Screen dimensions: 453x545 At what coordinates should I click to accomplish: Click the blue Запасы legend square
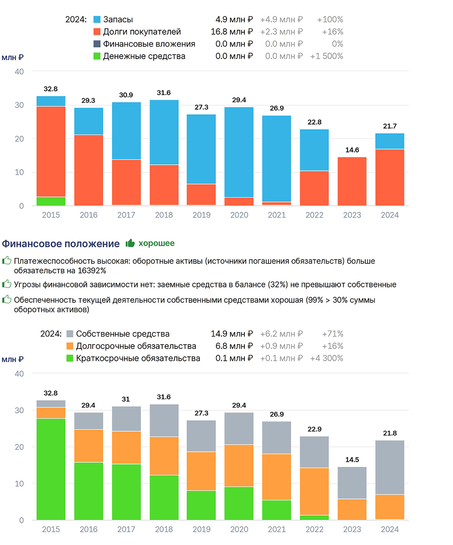97,19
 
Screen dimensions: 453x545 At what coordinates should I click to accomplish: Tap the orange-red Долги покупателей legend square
97,32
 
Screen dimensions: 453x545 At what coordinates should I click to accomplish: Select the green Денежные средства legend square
97,56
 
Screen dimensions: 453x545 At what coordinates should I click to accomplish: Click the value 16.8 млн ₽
231,32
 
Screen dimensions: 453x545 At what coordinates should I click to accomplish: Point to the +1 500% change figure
326,56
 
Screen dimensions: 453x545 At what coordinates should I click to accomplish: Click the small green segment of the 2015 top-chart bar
51,201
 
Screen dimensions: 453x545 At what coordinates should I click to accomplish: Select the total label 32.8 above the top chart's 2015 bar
51,89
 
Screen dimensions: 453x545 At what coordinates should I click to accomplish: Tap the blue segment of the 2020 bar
239,152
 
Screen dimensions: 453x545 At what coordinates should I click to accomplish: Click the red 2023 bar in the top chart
352,182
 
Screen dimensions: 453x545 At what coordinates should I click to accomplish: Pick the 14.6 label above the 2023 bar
352,150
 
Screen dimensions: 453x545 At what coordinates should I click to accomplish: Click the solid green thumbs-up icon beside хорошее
130,243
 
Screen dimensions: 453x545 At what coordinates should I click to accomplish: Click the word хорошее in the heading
157,243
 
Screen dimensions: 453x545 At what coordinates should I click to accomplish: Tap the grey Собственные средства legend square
70,334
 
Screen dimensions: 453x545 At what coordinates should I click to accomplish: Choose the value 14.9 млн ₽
231,334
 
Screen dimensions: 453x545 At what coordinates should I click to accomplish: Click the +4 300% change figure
326,358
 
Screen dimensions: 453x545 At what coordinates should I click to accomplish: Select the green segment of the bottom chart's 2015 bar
51,469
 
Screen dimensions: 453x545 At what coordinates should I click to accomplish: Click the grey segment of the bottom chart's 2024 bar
390,468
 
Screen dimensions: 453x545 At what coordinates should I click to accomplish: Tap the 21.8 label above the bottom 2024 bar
390,433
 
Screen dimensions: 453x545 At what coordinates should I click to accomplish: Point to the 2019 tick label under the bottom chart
201,529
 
